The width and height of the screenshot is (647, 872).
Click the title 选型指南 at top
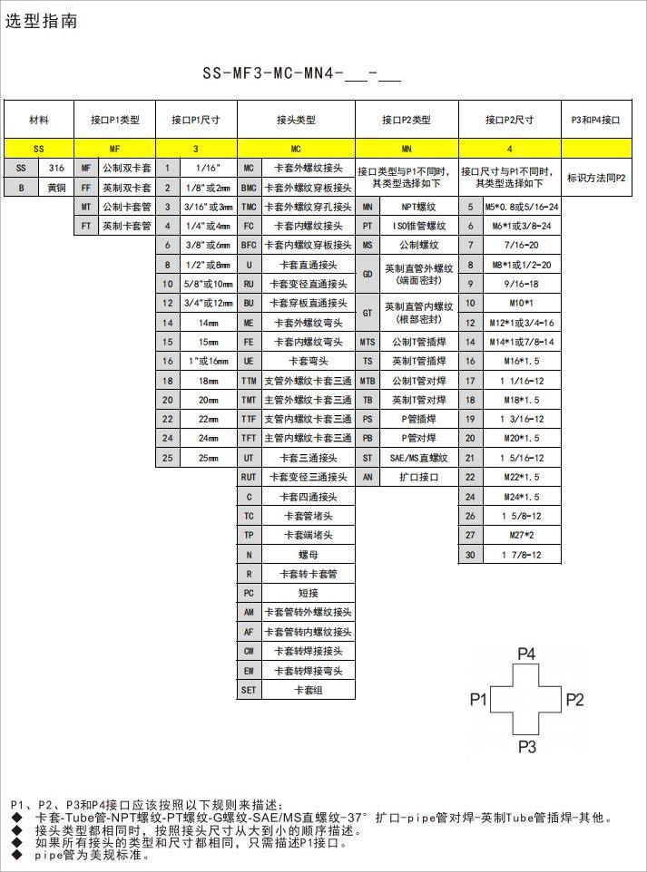(x=42, y=21)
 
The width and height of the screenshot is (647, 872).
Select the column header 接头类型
(x=296, y=120)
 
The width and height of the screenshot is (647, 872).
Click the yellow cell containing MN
(x=406, y=148)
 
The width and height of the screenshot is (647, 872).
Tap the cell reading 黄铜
(x=56, y=188)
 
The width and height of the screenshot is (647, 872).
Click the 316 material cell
(x=56, y=169)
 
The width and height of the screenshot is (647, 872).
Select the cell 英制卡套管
(x=126, y=227)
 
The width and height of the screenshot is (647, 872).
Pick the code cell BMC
(x=249, y=188)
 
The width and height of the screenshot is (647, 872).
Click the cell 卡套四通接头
(x=308, y=497)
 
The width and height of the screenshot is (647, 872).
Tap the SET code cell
(x=249, y=690)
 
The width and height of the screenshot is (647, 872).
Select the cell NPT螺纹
(x=418, y=208)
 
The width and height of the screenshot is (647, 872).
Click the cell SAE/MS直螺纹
(x=418, y=458)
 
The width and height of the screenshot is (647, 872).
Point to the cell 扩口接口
(x=418, y=477)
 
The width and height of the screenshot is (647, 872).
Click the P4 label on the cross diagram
(x=526, y=654)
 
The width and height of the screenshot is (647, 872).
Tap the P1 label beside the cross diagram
(x=479, y=699)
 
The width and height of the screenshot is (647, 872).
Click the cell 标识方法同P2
(x=596, y=179)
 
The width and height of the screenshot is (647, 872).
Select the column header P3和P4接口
(x=596, y=120)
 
